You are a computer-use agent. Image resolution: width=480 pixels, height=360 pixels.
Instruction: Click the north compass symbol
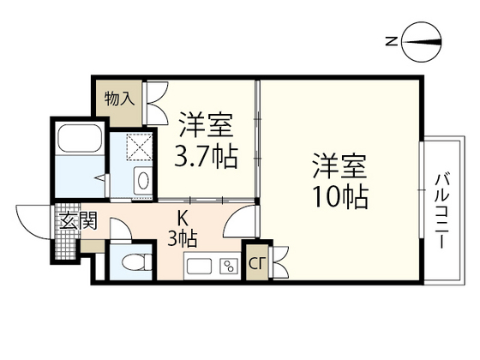click(x=423, y=41)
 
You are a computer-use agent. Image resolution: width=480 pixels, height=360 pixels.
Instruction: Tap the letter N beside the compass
click(x=390, y=41)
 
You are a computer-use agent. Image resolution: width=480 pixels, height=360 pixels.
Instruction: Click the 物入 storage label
click(x=119, y=99)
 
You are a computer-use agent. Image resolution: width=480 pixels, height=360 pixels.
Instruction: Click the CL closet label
click(x=256, y=264)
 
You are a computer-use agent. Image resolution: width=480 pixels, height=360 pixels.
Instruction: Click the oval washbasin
click(x=142, y=181)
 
